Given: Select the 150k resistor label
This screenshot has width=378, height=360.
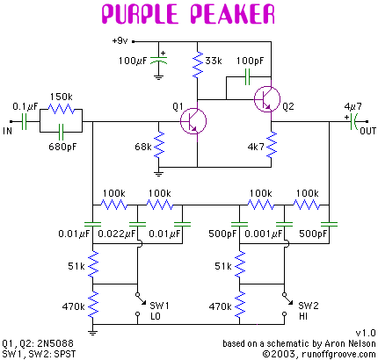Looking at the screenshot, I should (x=62, y=95).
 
